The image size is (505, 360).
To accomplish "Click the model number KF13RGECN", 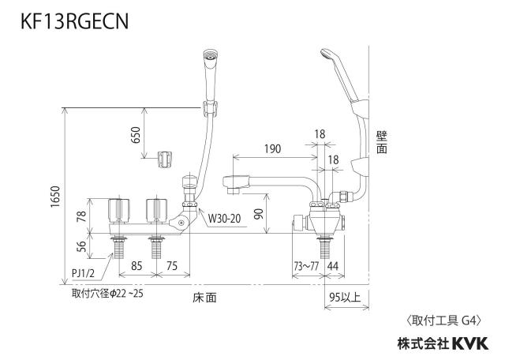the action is [x=75, y=21].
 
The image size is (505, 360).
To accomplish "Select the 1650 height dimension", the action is [x=55, y=197].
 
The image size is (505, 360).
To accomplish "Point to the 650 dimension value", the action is [x=136, y=135].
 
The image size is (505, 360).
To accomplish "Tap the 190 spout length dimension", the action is [x=272, y=149].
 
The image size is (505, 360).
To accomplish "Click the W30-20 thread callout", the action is [x=224, y=219].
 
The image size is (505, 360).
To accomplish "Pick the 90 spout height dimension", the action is [x=258, y=214].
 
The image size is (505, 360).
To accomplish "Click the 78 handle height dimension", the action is [x=82, y=216].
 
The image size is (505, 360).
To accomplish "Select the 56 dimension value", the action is [x=82, y=246].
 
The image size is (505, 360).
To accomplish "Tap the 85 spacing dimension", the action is [x=137, y=266].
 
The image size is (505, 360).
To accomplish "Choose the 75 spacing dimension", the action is [x=172, y=266].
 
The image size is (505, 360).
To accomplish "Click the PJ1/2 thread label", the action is [x=83, y=274].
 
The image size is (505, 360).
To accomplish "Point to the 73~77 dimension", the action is [x=306, y=266].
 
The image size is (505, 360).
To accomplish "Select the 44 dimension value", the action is [x=333, y=266].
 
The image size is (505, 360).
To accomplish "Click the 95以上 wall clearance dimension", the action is [x=345, y=297].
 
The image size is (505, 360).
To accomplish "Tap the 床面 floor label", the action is [x=204, y=298].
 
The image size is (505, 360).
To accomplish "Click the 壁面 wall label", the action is [x=382, y=142].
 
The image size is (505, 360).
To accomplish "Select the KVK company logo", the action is [x=470, y=343].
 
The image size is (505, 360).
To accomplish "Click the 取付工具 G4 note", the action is [x=443, y=321].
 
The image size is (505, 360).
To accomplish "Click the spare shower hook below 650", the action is [x=165, y=159].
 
